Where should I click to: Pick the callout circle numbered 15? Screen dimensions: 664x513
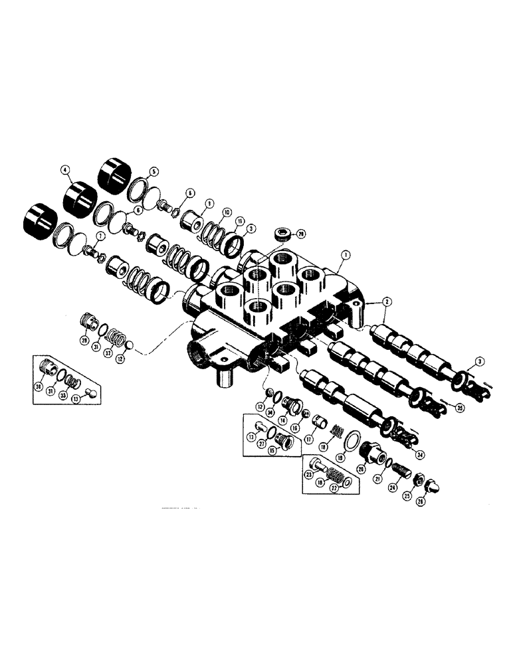pos(273,451)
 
